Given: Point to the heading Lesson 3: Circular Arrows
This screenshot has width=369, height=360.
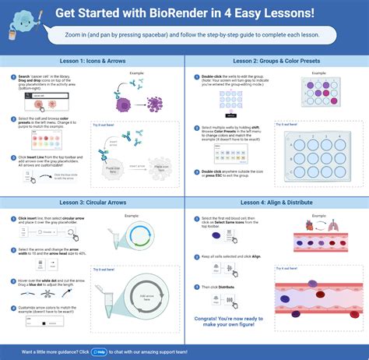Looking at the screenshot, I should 93,202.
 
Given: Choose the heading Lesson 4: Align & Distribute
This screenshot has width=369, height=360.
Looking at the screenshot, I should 276,202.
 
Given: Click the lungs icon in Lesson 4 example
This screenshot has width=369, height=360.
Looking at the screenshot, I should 332,224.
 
